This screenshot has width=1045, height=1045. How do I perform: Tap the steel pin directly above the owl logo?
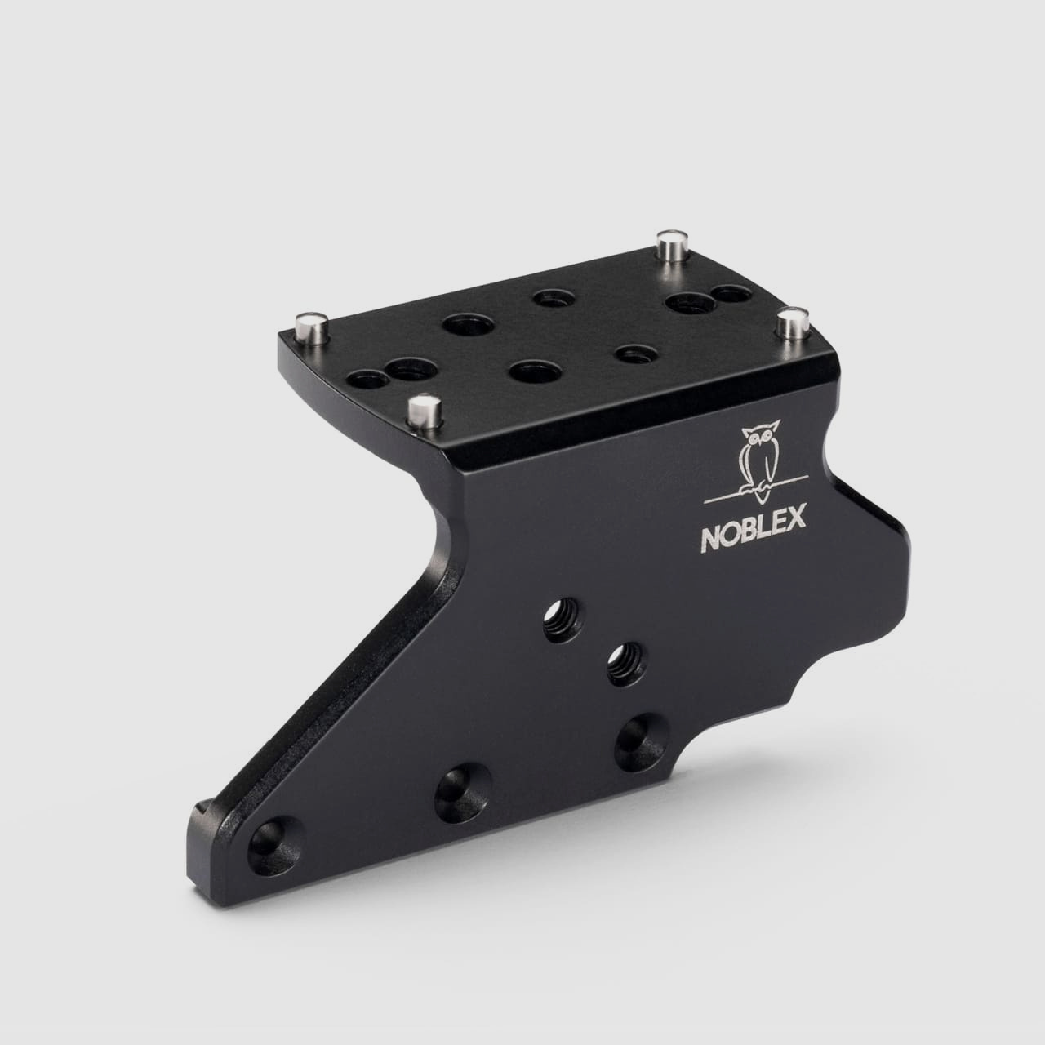click(791, 322)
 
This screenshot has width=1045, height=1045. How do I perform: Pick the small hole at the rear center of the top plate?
click(549, 299)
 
